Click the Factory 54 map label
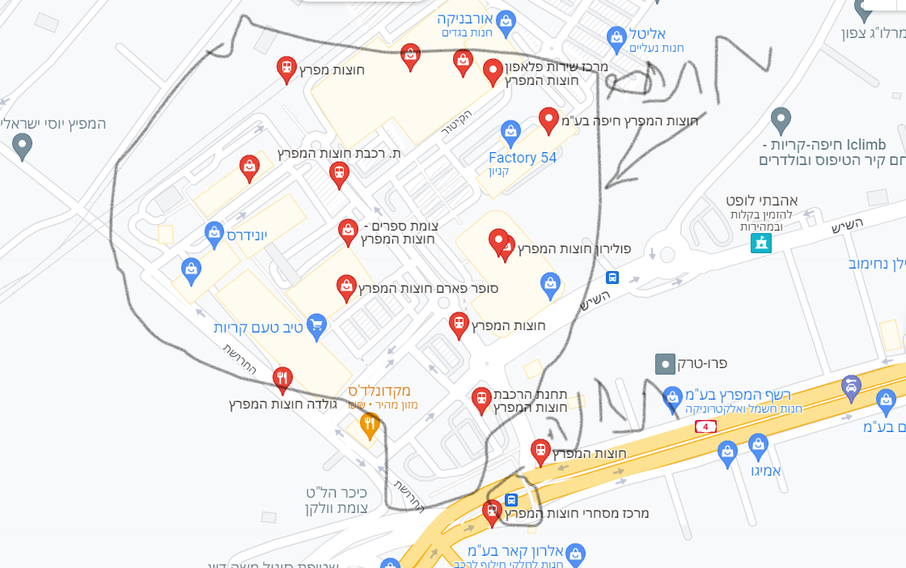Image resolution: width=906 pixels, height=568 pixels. pyautogui.click(x=523, y=158)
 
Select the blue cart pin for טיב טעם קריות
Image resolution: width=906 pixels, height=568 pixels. pyautogui.click(x=316, y=325)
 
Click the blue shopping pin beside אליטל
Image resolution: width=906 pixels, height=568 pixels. pyautogui.click(x=616, y=36)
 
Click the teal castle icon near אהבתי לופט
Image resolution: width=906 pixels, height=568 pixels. pyautogui.click(x=760, y=242)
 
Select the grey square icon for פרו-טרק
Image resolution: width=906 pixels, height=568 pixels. pyautogui.click(x=663, y=364)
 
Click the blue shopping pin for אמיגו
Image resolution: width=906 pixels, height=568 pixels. pyautogui.click(x=758, y=443)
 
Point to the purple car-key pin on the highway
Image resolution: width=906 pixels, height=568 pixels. pyautogui.click(x=851, y=386)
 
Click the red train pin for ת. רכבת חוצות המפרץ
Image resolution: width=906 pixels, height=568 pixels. pyautogui.click(x=339, y=172)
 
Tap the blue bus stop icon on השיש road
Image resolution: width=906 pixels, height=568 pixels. pyautogui.click(x=612, y=278)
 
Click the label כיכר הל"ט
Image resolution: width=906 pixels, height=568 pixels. pyautogui.click(x=337, y=493)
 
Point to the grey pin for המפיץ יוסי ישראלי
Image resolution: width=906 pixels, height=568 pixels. pyautogui.click(x=23, y=146)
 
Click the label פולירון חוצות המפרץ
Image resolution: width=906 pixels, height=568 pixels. pyautogui.click(x=574, y=248)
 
